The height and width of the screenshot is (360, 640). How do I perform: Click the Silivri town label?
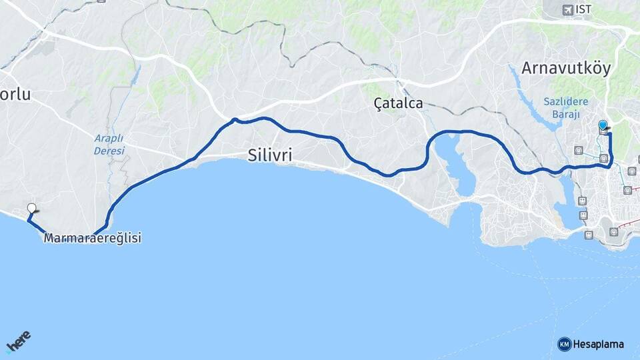pyautogui.click(x=269, y=155)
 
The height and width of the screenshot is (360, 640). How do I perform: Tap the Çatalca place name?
pyautogui.click(x=398, y=103)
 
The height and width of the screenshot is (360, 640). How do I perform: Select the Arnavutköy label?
pyautogui.click(x=566, y=69)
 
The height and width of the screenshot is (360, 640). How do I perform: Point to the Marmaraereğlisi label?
pyautogui.click(x=93, y=238)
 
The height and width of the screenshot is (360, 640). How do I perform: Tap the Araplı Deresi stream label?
pyautogui.click(x=109, y=145)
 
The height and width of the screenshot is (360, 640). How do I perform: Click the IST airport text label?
pyautogui.click(x=583, y=9)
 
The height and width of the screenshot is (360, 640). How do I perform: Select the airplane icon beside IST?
pyautogui.click(x=567, y=9)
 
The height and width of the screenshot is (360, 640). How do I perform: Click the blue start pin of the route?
pyautogui.click(x=603, y=125)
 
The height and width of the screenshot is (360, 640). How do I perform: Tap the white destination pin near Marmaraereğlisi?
pyautogui.click(x=31, y=208)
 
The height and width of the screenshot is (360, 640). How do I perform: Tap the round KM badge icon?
pyautogui.click(x=565, y=344)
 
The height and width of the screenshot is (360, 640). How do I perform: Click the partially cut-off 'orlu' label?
pyautogui.click(x=15, y=95)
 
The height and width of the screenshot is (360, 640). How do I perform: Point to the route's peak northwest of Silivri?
pyautogui.click(x=235, y=120)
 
